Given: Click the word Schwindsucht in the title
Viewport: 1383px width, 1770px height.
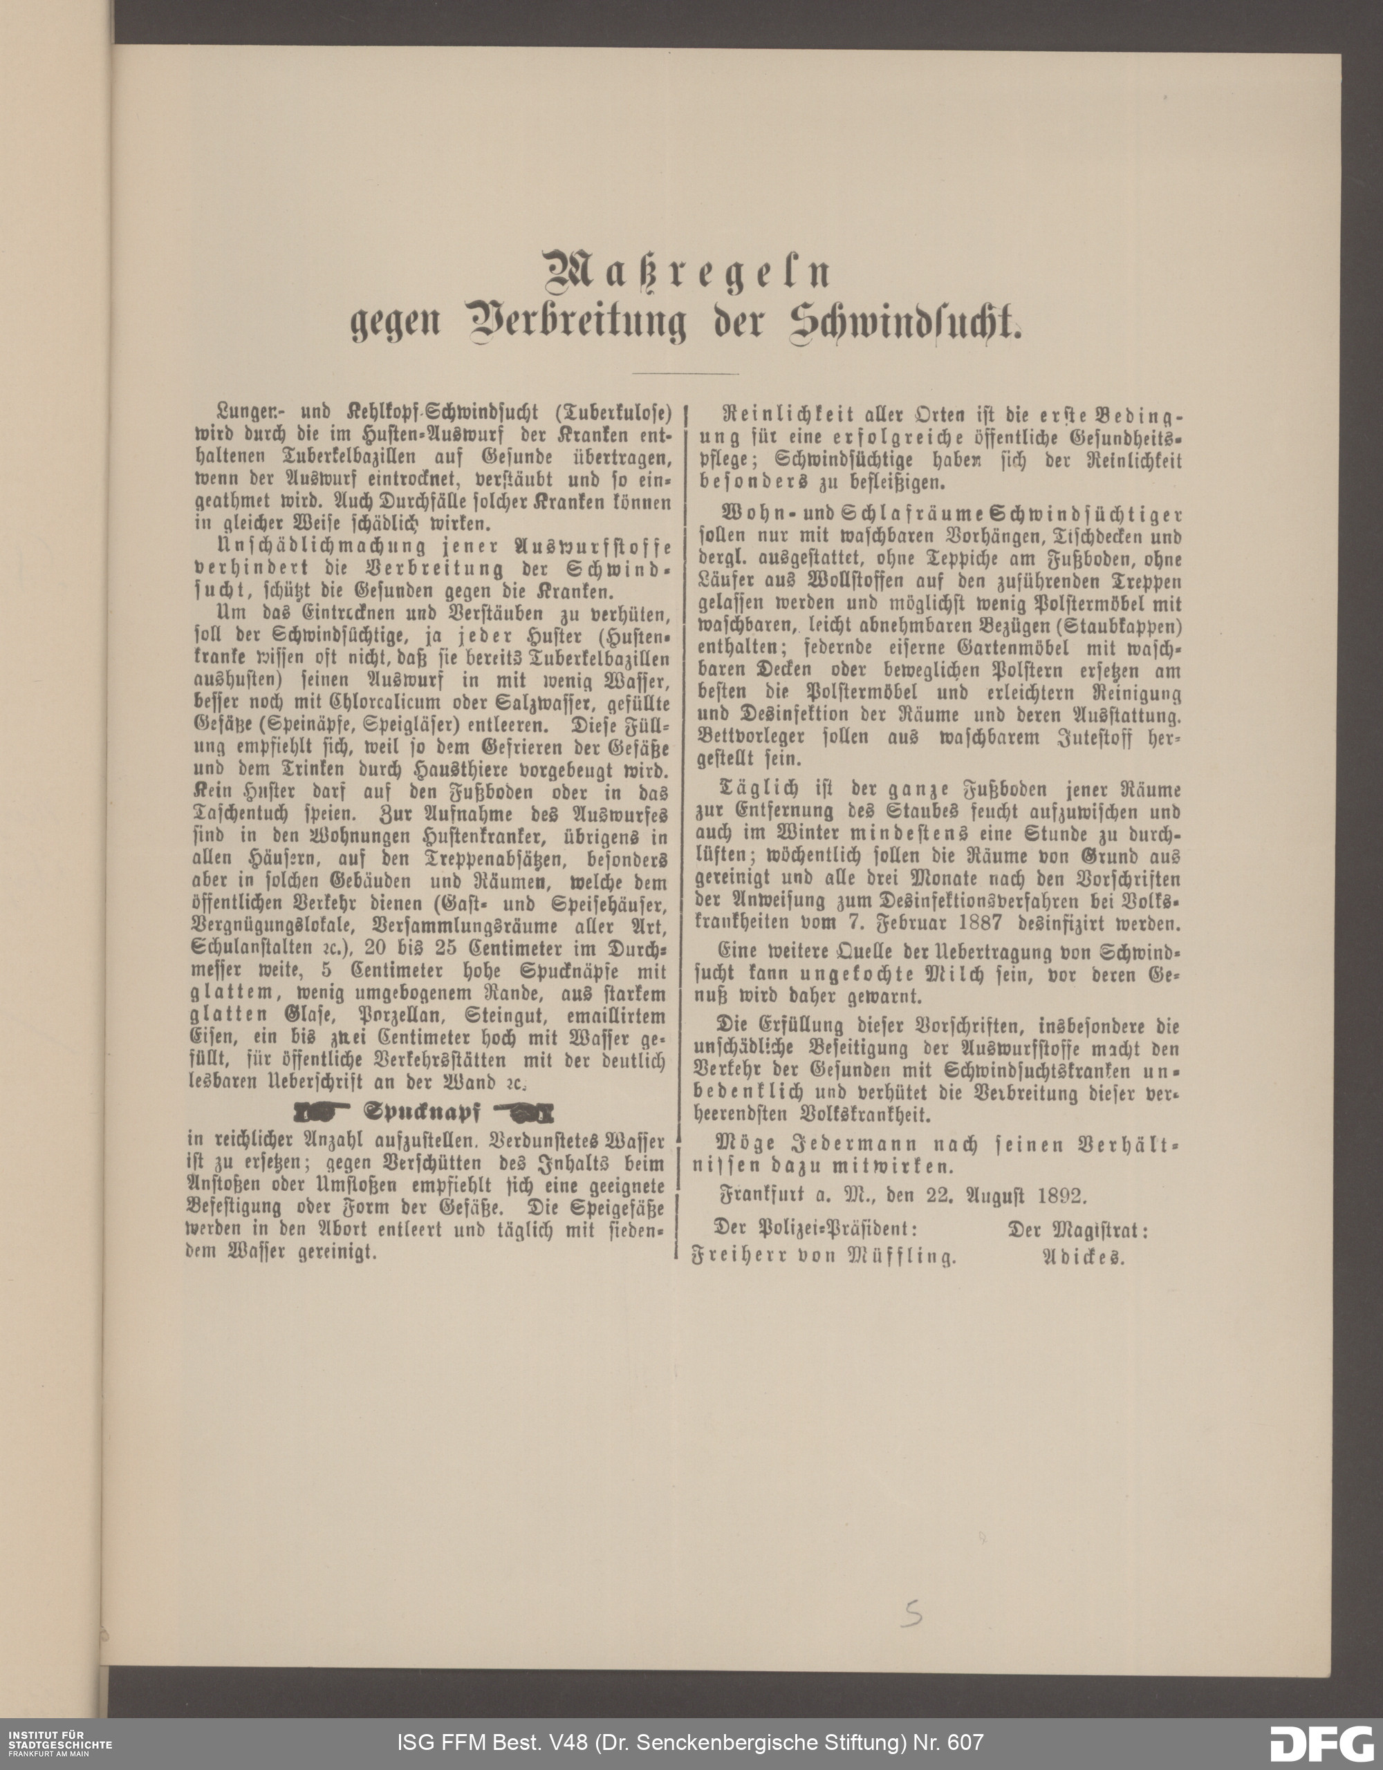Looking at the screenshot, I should pyautogui.click(x=904, y=323).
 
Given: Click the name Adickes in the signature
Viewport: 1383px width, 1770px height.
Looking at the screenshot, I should pyautogui.click(x=1082, y=1257).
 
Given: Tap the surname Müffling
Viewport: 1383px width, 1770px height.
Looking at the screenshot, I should pyautogui.click(x=902, y=1257).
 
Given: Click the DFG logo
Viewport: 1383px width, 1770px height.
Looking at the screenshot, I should pyautogui.click(x=1322, y=1742).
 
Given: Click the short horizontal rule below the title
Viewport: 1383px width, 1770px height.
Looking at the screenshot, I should pyautogui.click(x=685, y=374).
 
